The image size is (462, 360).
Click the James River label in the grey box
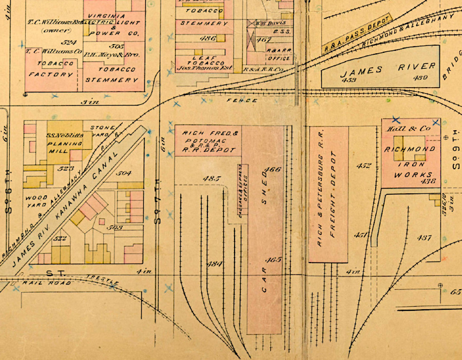[388, 67]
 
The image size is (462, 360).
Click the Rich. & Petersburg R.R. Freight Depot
[329, 195]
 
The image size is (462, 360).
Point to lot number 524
[68, 42]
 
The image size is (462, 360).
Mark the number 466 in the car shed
[273, 170]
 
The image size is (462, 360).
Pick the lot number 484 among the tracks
[214, 264]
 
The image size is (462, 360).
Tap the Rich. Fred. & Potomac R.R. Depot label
[208, 142]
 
